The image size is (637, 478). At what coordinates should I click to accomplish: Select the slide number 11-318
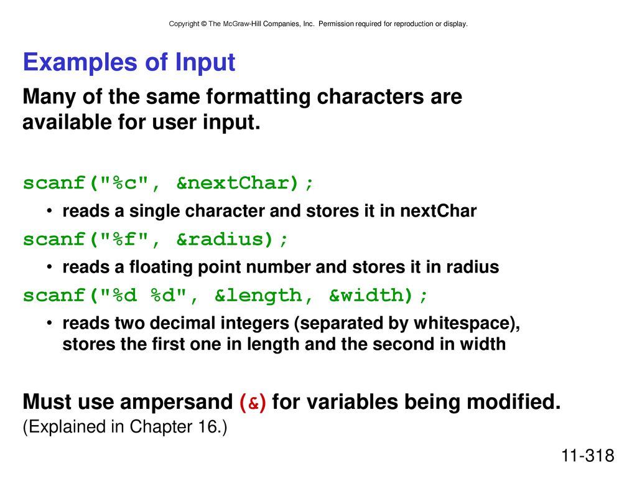point(587,456)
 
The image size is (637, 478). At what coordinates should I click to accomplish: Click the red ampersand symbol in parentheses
point(253,403)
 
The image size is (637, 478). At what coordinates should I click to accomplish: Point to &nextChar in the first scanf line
point(238,183)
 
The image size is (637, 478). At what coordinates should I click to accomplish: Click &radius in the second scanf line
point(225,240)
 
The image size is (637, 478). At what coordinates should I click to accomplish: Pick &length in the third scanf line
point(259,296)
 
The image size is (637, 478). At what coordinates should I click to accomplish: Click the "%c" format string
point(124,182)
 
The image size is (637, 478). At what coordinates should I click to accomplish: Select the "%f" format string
point(124,239)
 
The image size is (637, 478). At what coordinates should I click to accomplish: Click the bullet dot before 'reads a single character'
point(49,211)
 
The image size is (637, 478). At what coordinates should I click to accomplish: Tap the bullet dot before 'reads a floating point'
point(49,267)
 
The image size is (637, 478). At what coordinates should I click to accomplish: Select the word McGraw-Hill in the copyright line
point(243,24)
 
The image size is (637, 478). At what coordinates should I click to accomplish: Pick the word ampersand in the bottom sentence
point(176,403)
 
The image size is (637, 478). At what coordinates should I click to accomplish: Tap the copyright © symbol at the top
point(204,24)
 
